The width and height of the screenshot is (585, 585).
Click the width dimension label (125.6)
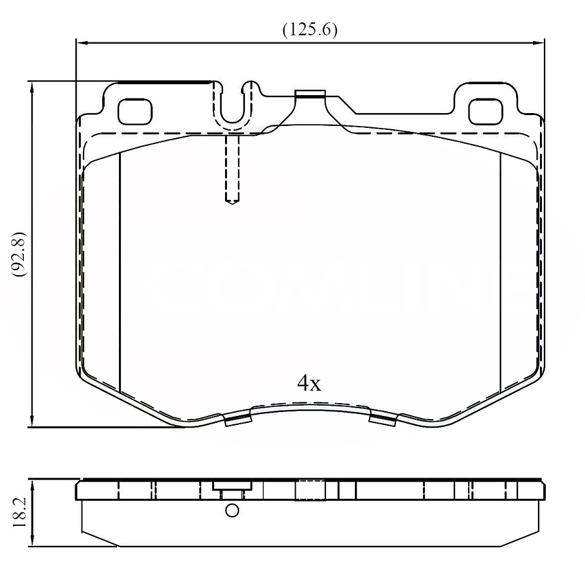coord(310,30)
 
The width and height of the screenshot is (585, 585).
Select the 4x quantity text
coord(309,384)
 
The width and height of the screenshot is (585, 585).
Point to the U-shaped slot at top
coord(233,106)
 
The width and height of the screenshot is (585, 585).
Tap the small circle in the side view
coord(232,511)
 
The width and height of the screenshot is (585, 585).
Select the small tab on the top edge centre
coord(310,95)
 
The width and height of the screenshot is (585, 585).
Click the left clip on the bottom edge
coord(237,420)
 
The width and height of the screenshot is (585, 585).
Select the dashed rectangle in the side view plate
coord(310,491)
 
